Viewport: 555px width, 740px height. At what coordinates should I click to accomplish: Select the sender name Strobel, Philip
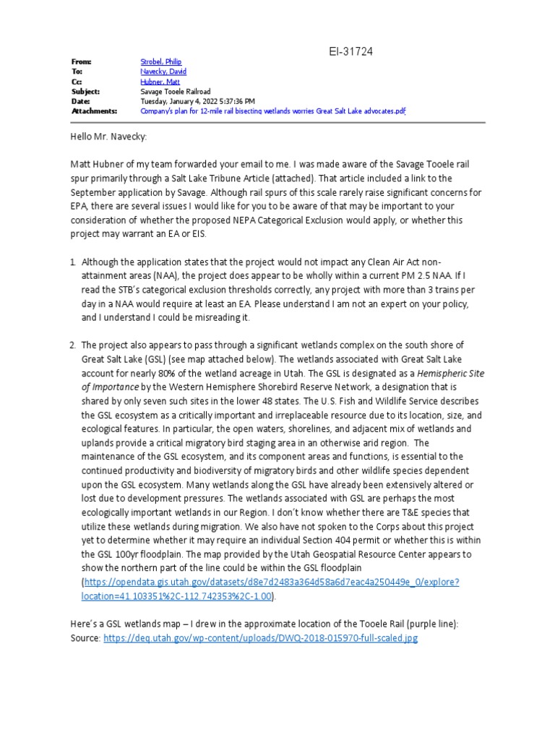click(161, 63)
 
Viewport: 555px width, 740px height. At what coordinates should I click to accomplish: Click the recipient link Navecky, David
click(163, 72)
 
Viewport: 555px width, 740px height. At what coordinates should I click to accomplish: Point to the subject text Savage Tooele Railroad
click(175, 92)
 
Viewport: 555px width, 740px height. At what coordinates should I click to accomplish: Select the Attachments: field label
click(94, 111)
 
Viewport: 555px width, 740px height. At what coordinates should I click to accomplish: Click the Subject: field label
click(85, 92)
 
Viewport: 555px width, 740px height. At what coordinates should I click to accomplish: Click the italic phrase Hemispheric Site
click(444, 373)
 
